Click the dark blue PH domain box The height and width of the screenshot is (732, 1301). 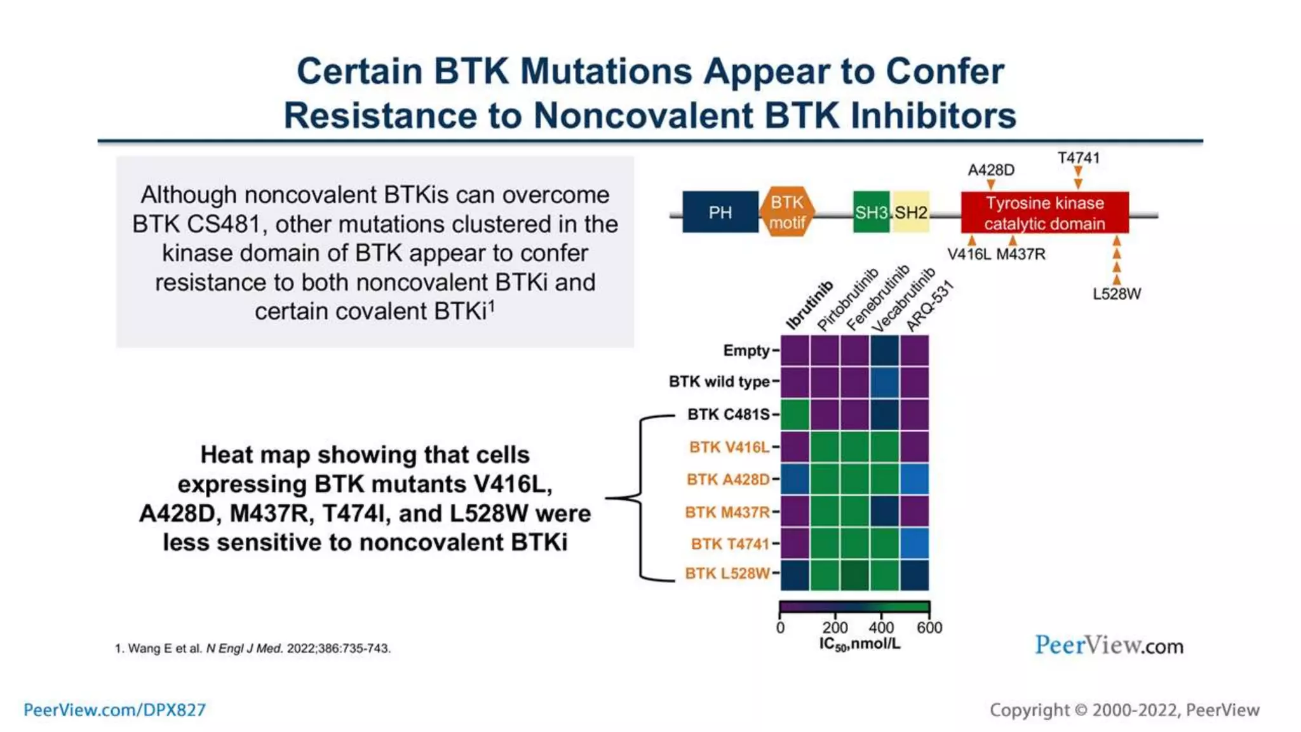(x=720, y=212)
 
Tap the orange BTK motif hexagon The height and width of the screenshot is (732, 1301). (x=787, y=212)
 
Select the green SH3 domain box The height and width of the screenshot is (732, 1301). (x=871, y=212)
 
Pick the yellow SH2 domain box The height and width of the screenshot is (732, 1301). (x=911, y=212)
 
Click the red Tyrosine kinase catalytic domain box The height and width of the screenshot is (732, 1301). (x=1044, y=213)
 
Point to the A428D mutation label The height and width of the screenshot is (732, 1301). (x=990, y=170)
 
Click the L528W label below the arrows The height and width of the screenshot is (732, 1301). (x=1116, y=294)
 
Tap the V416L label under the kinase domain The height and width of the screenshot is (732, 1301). (x=969, y=254)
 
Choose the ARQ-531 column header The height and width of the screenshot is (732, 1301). (x=929, y=306)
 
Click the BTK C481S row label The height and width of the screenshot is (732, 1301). (x=728, y=414)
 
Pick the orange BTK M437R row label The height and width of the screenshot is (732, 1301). (x=727, y=512)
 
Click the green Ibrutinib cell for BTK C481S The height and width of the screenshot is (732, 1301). (x=795, y=414)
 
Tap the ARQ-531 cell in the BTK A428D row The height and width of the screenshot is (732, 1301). (x=915, y=479)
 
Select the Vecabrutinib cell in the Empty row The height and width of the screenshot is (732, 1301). (x=884, y=350)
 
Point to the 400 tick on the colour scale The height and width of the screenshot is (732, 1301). (x=881, y=627)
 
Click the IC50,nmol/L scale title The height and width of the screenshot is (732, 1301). (x=859, y=644)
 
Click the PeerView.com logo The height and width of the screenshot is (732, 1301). (x=1109, y=646)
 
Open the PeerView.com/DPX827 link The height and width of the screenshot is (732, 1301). (x=115, y=710)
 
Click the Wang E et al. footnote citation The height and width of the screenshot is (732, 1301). (x=252, y=649)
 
